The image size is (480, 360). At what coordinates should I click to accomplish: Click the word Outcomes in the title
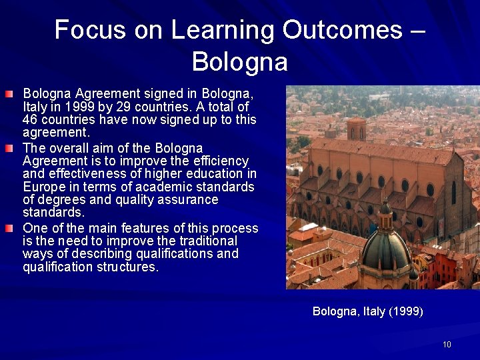tap(342, 31)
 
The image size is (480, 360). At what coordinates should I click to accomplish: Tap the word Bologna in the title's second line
tap(240, 62)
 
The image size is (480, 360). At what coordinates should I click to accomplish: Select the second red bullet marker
tap(8, 148)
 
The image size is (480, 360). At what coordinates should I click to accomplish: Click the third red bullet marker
tap(8, 228)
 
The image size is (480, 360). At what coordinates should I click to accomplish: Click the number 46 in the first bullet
tap(30, 120)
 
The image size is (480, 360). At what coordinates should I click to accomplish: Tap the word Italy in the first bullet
tap(37, 107)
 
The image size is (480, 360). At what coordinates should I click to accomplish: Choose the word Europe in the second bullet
tap(43, 187)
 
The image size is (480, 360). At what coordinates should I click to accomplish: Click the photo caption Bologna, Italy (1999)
tap(368, 311)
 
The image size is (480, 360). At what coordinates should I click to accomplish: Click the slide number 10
tap(447, 345)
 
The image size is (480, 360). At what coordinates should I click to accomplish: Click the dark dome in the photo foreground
tap(385, 247)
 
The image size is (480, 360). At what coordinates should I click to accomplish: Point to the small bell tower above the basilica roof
tap(357, 128)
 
